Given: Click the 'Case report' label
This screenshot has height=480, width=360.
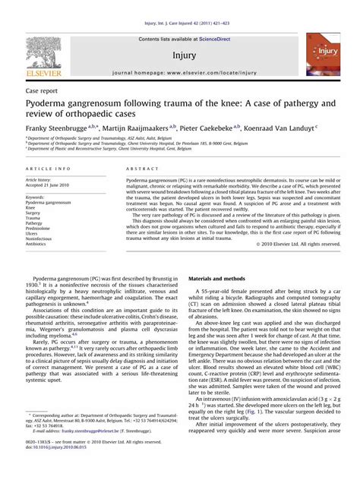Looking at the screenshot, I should coord(41,89).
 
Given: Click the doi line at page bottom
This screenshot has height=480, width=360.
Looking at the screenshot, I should coord(58,469).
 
